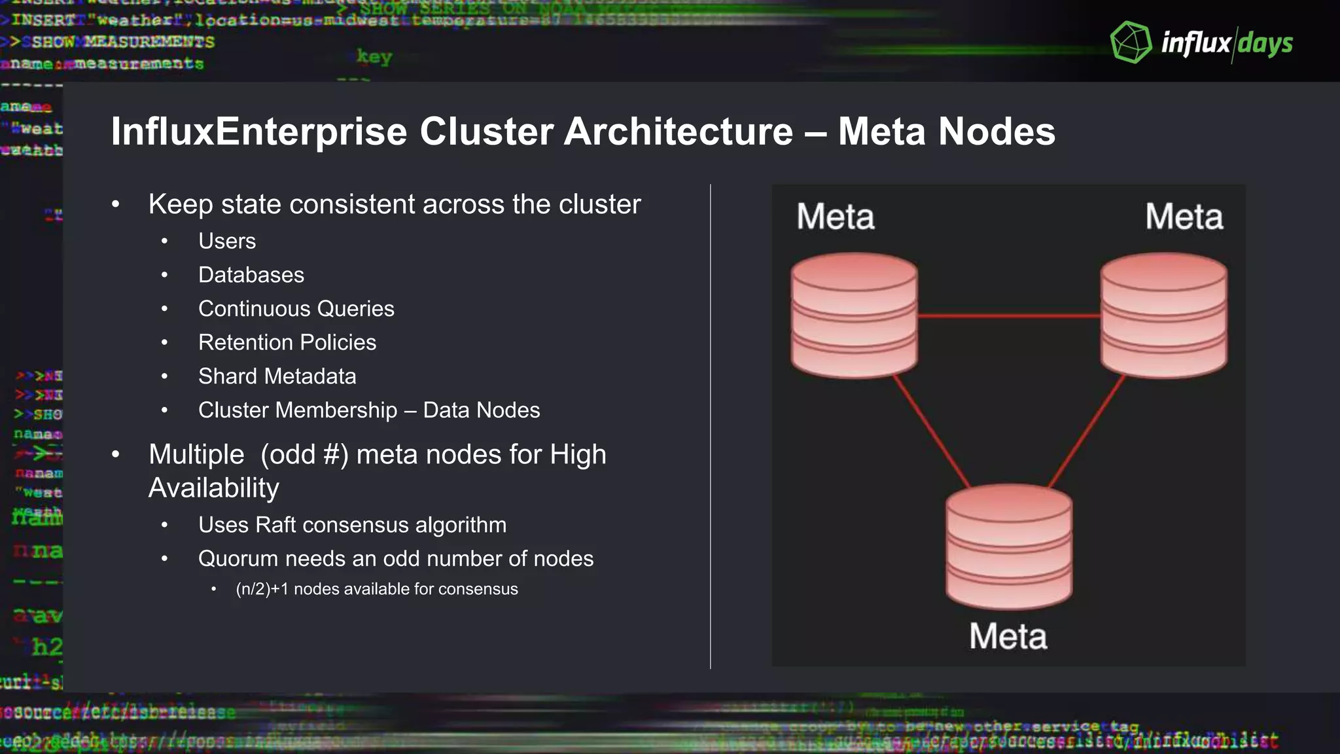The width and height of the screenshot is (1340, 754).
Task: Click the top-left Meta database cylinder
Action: pos(854,315)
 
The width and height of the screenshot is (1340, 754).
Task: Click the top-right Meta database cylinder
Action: pos(1163,315)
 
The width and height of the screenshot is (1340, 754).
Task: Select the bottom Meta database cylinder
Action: pos(1008,547)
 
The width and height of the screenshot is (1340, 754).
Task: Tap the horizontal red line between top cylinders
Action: pos(1008,316)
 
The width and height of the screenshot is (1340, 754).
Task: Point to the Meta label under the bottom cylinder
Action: pos(1008,636)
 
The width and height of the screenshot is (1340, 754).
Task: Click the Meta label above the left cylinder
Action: pos(835,217)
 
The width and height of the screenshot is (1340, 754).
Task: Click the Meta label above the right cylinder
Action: pos(1184,217)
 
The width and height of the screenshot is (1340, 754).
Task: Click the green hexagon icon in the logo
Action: pos(1131,43)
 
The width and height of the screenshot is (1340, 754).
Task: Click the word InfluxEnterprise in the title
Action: pos(259,132)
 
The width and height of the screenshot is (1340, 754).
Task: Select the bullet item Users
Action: pos(226,241)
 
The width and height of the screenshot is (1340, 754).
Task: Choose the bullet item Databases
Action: pos(251,275)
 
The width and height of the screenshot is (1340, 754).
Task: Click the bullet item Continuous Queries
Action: pos(296,309)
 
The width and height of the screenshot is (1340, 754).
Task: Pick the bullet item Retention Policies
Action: pos(287,342)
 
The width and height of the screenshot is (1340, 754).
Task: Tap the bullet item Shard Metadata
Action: pos(277,376)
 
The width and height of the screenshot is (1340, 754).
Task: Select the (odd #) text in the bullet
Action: pos(304,455)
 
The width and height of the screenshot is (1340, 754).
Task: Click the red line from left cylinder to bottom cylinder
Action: pos(932,432)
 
